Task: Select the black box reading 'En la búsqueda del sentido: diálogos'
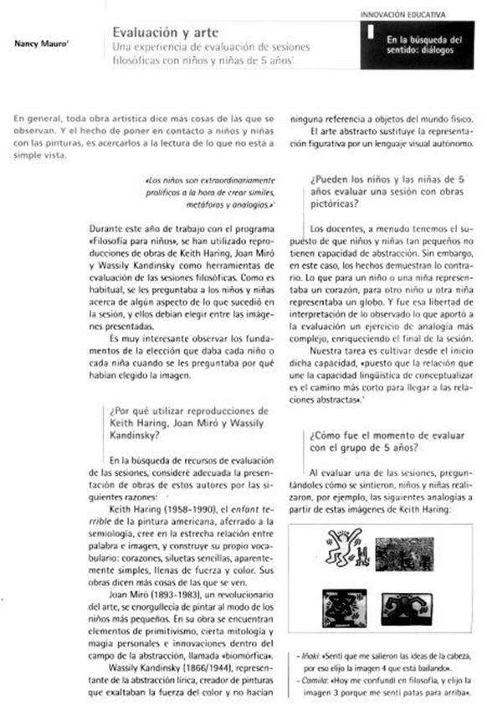point(420,45)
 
